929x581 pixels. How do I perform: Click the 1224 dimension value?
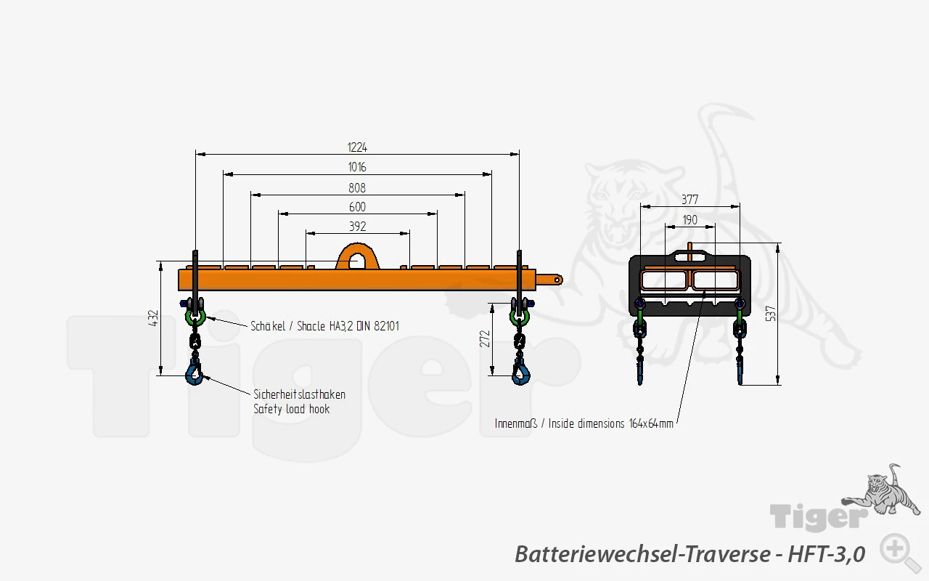click(x=357, y=147)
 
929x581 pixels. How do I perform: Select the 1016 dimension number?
click(x=357, y=167)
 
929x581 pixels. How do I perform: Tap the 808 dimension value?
click(x=357, y=188)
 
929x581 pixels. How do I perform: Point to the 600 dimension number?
click(x=357, y=207)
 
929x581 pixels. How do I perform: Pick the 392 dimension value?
click(x=358, y=227)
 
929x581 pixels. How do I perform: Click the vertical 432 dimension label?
click(x=153, y=318)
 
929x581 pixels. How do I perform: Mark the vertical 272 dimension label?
click(x=485, y=338)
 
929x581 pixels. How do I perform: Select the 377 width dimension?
click(x=690, y=200)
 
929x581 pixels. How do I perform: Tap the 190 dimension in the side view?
click(x=690, y=220)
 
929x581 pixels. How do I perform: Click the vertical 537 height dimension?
click(x=771, y=313)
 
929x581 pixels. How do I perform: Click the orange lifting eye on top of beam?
click(x=357, y=256)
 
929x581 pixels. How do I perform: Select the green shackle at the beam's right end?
click(x=519, y=317)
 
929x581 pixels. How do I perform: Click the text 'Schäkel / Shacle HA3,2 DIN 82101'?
click(x=324, y=326)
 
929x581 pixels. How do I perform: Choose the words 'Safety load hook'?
click(x=292, y=409)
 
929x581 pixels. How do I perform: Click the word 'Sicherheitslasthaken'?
click(x=300, y=394)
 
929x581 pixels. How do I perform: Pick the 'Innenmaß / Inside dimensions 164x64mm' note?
click(x=584, y=423)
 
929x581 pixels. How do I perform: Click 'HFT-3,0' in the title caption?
click(x=827, y=554)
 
